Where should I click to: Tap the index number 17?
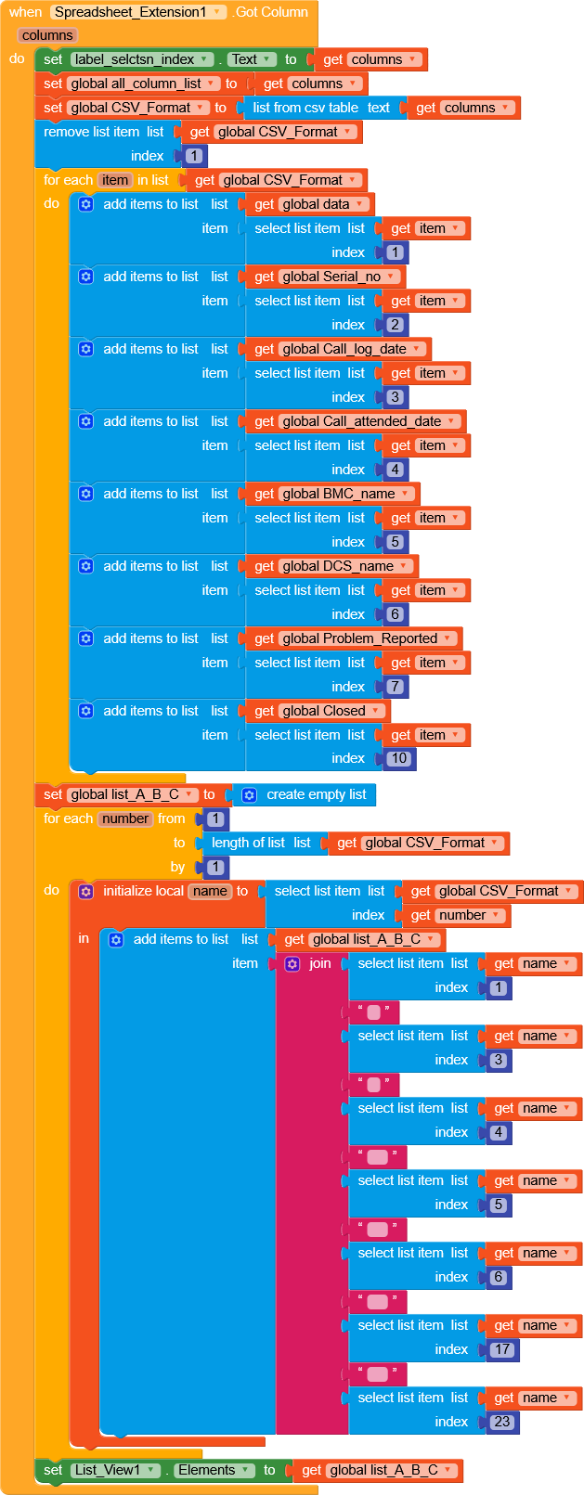click(x=502, y=1349)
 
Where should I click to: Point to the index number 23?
click(x=502, y=1422)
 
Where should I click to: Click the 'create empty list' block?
click(x=316, y=794)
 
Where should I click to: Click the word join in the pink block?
click(x=319, y=963)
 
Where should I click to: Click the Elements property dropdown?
click(x=214, y=1470)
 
